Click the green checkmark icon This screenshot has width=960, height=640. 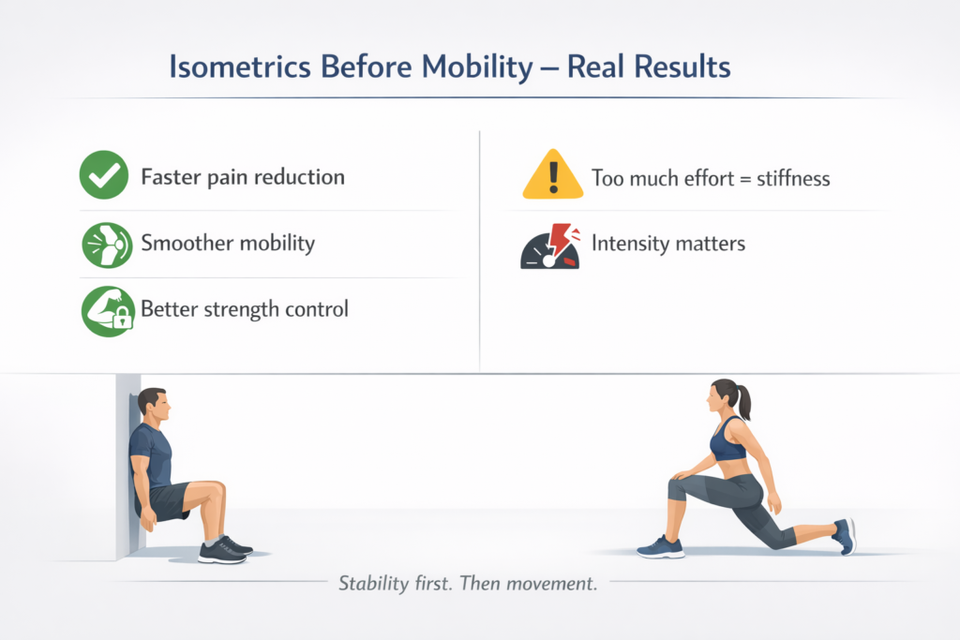coord(104,175)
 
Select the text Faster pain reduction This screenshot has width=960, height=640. coord(242,176)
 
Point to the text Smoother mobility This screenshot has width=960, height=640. coord(228,244)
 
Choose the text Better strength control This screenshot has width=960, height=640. coord(244,308)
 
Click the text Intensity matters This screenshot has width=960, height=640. coord(667,244)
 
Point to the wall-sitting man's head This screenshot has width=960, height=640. coord(155,406)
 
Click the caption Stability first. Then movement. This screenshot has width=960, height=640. coord(468,584)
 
